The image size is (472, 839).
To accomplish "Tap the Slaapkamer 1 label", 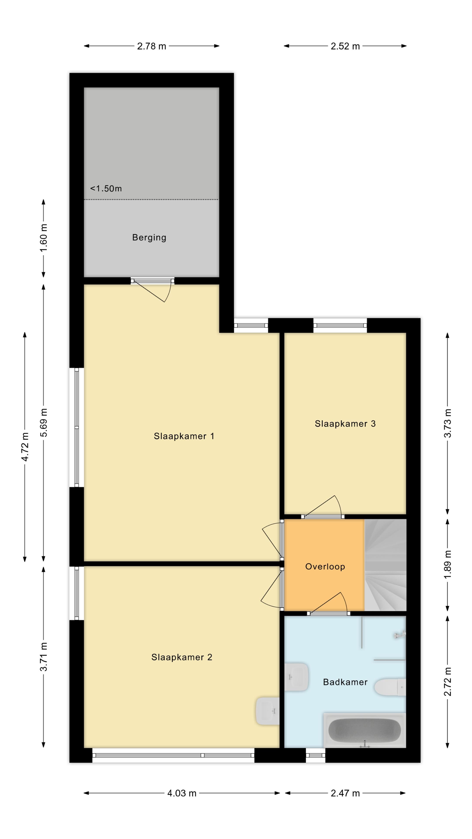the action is pos(184,436).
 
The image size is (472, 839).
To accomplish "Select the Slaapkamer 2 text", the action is pos(182,657).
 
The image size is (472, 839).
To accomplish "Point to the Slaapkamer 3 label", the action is pos(345,424).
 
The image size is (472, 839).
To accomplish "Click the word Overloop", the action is pos(325,567).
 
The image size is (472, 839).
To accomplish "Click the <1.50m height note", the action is pos(106,189).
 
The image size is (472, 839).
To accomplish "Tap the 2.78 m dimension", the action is pos(151,46).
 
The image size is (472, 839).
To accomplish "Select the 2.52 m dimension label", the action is pos(345,46).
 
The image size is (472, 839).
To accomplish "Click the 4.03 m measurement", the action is pos(182,793).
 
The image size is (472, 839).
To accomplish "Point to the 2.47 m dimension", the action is pos(345,793).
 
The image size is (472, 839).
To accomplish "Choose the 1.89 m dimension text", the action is pos(448,564).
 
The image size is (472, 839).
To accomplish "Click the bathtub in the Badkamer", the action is pos(364,730).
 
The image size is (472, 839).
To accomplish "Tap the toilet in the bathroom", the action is pos(390,687).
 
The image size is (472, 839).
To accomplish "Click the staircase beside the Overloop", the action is pos(385,565).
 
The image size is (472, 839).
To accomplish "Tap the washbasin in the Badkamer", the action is pos(297,677).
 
